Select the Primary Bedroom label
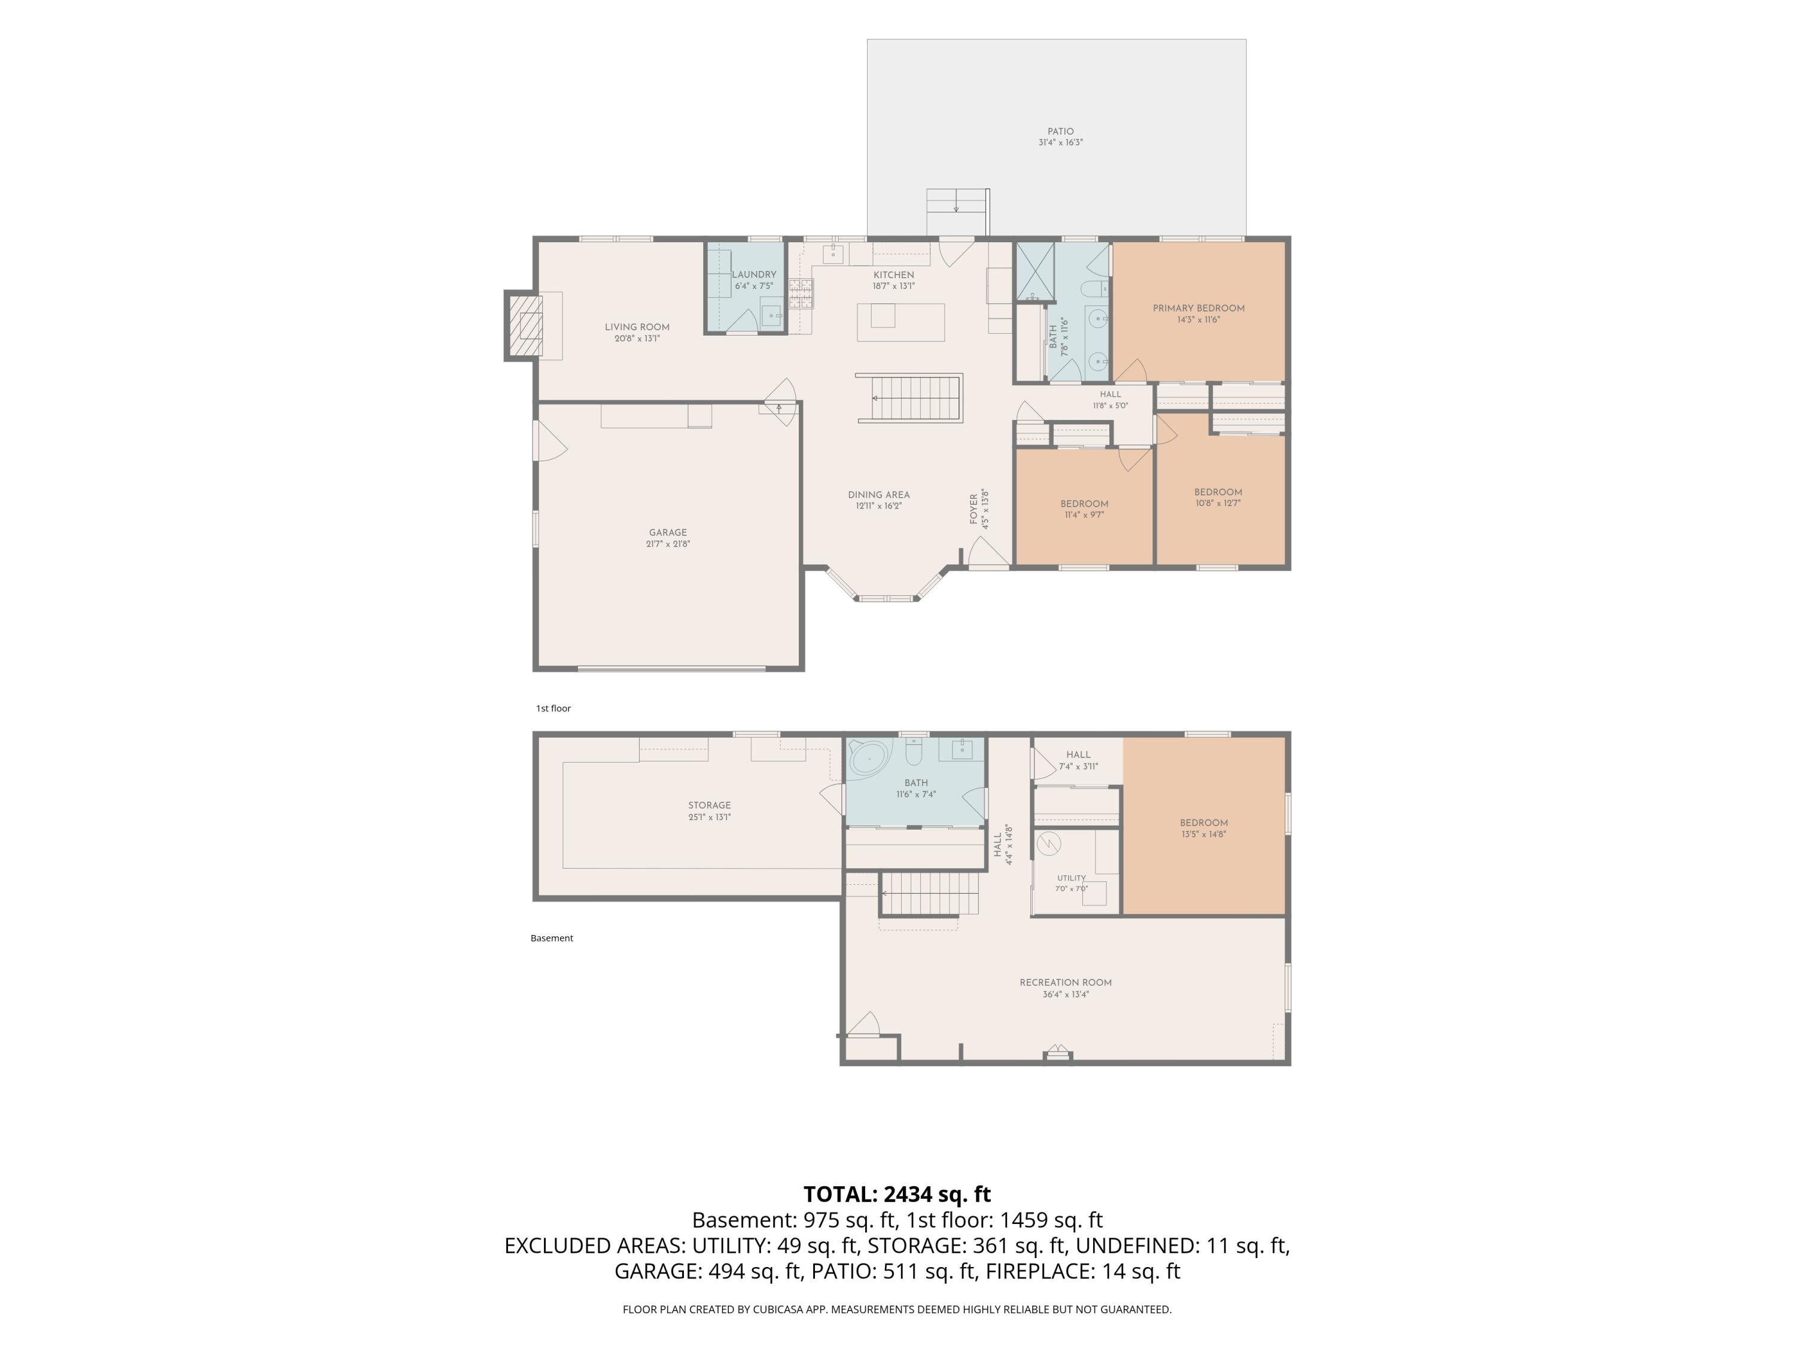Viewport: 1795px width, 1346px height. pos(1198,308)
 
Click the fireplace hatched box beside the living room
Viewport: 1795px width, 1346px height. pos(524,325)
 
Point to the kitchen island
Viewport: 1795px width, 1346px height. pos(900,322)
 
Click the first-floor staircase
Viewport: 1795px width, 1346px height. pos(909,398)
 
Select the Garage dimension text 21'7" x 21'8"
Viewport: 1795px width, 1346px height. pos(668,544)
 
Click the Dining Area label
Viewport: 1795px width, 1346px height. pos(879,495)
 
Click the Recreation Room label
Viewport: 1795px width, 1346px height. pos(1066,982)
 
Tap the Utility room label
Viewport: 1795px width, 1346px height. pos(1071,878)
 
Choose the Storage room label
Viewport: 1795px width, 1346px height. pos(709,806)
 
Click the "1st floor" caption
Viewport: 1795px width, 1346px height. pos(553,708)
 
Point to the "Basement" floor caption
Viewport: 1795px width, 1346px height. pos(552,938)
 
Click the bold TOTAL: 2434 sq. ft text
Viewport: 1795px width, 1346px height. pos(897,1194)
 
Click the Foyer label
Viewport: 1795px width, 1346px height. pos(973,508)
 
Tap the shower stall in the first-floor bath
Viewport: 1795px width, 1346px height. pos(1035,270)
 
